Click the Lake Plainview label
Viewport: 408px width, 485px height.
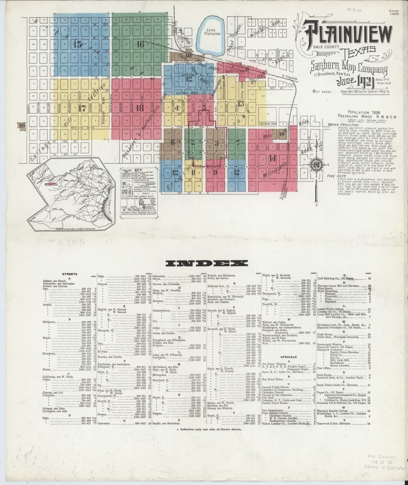[x=213, y=32]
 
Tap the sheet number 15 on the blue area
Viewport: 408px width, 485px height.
[x=77, y=44]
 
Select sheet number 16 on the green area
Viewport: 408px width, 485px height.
[x=140, y=44]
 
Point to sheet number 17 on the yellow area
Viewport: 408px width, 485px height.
[x=82, y=108]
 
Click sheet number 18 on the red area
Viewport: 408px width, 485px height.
[x=140, y=108]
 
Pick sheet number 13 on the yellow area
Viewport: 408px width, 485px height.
[x=241, y=104]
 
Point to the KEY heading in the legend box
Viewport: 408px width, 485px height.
[x=138, y=170]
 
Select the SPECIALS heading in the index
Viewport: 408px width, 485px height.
[x=289, y=357]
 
